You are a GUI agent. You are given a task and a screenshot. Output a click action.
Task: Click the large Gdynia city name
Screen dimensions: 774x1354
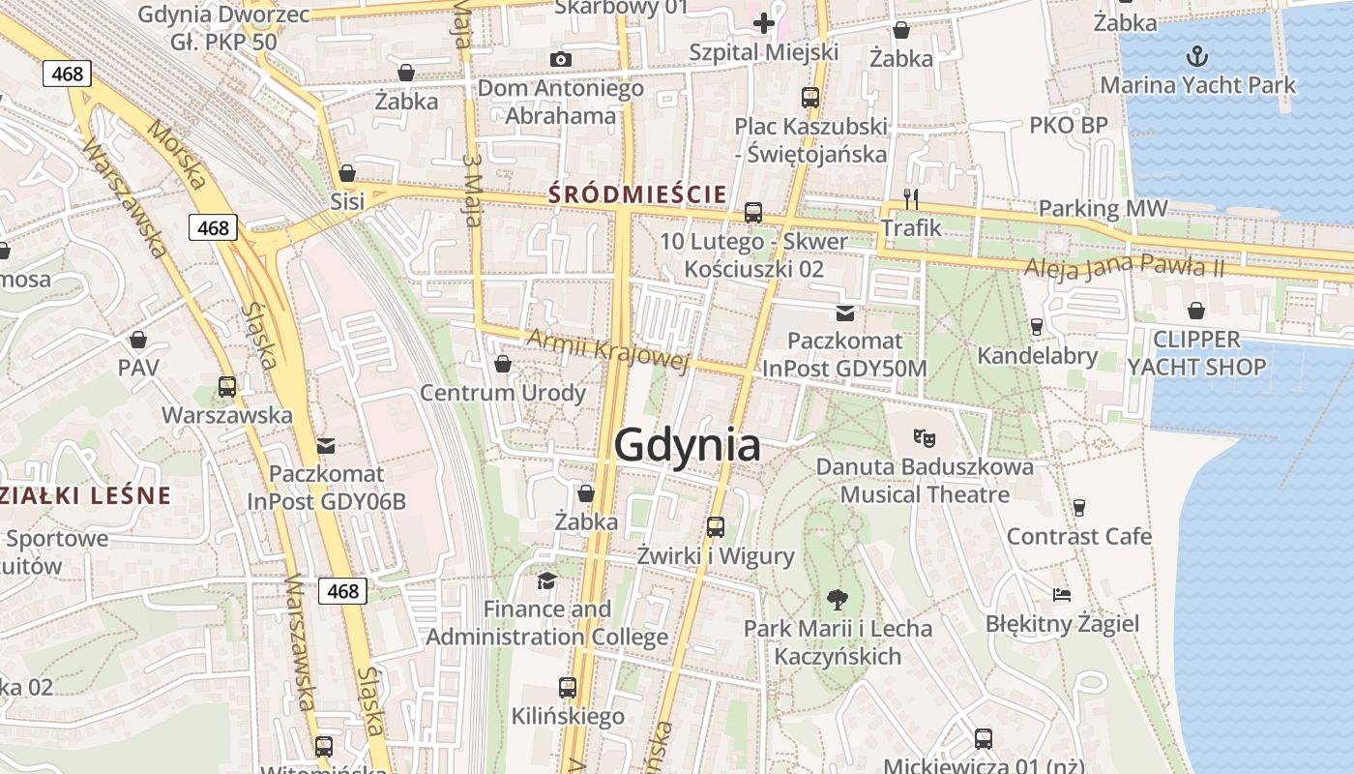(x=687, y=446)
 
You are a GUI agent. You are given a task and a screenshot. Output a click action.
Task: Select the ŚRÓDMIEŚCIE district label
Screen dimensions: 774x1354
(x=637, y=194)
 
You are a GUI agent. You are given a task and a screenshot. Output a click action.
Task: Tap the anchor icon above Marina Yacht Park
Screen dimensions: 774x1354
(x=1197, y=55)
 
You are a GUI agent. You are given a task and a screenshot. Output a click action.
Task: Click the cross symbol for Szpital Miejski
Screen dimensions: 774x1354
(x=764, y=22)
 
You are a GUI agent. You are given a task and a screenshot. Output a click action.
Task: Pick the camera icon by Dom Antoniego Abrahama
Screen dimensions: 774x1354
(x=560, y=60)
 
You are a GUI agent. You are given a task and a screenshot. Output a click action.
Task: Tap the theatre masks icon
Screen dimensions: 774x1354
(x=925, y=437)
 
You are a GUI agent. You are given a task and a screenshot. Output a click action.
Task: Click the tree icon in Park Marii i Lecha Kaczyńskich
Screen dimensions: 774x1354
(x=838, y=600)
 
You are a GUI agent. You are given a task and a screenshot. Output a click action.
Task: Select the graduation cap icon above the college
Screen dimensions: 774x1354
(x=547, y=580)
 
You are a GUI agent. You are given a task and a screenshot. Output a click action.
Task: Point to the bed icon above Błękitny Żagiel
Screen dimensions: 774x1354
(x=1062, y=594)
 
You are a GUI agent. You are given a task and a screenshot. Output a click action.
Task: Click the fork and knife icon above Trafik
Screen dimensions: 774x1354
(x=910, y=199)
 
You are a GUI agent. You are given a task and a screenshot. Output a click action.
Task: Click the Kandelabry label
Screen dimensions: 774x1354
(x=1037, y=356)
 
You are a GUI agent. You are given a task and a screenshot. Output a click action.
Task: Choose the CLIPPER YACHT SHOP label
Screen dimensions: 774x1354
(x=1196, y=353)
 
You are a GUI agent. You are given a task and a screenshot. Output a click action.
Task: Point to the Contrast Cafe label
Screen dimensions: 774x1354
(x=1079, y=536)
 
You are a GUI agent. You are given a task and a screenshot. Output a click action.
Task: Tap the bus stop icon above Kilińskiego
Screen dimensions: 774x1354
(x=568, y=688)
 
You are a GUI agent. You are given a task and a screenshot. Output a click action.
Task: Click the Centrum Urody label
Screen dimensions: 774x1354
(x=502, y=393)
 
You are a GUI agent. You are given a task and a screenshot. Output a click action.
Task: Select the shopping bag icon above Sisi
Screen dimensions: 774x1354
(x=347, y=174)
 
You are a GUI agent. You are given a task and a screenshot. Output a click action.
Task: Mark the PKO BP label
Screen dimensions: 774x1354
(x=1068, y=125)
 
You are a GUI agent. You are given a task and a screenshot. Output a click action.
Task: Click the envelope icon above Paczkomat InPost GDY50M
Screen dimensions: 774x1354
(x=845, y=313)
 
